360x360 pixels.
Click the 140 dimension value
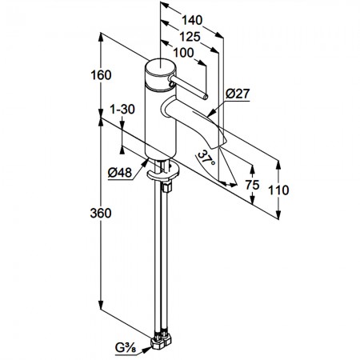click(x=192, y=20)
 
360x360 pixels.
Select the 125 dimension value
click(x=190, y=37)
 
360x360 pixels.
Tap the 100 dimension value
click(x=183, y=53)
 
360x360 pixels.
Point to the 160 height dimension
click(x=101, y=75)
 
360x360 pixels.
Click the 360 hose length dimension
click(x=101, y=214)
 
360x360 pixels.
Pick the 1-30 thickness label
click(x=122, y=110)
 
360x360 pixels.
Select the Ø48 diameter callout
click(x=120, y=173)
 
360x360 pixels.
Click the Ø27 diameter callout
click(x=238, y=94)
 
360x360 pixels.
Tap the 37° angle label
click(x=206, y=158)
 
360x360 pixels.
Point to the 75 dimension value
click(x=252, y=185)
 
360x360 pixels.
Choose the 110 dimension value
click(x=278, y=190)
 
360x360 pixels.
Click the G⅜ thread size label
click(x=126, y=348)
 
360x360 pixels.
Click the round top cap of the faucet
click(x=161, y=66)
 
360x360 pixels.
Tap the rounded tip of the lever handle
click(x=205, y=98)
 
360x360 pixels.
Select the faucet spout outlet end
click(x=218, y=142)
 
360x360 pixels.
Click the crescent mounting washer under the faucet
click(x=162, y=174)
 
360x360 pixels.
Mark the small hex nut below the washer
click(x=167, y=187)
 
